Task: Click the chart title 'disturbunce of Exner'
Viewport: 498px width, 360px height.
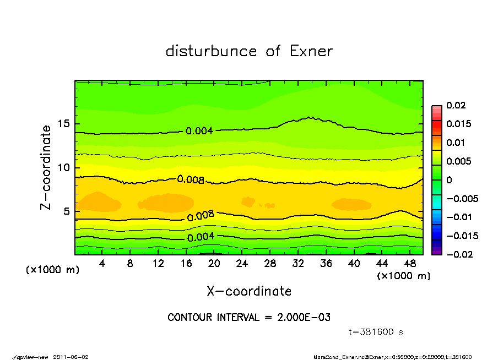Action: point(249,51)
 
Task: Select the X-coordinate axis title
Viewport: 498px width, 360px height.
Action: point(249,291)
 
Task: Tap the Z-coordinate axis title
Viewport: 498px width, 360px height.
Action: point(46,167)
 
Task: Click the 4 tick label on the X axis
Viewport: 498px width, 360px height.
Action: point(102,264)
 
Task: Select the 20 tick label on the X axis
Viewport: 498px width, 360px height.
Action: point(214,264)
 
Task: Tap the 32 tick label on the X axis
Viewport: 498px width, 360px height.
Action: point(298,264)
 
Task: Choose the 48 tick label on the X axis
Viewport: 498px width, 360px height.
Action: point(410,264)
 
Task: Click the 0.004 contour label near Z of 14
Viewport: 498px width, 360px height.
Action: point(199,131)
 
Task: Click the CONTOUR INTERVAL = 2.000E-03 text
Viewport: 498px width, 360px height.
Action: point(249,318)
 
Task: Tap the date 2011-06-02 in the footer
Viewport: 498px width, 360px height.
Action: point(71,357)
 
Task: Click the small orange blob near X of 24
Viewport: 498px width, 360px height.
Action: point(248,201)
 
